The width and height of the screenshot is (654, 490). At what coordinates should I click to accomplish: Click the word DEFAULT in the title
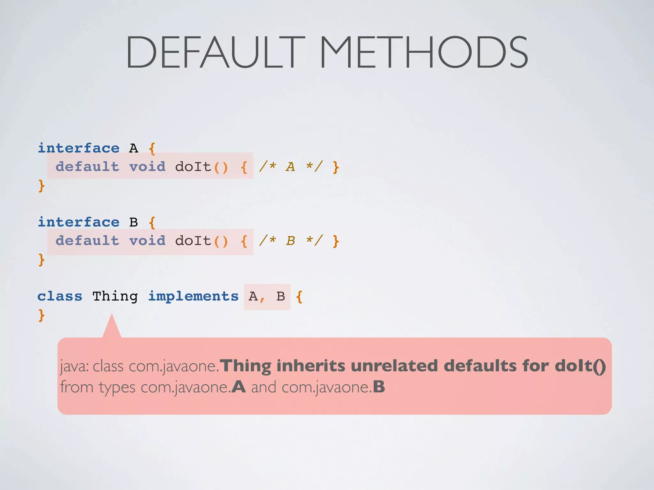215,52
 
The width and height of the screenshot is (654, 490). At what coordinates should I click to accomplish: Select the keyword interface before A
79,148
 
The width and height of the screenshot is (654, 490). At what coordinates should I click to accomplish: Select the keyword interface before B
79,222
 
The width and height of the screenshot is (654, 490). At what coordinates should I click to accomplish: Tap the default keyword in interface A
87,167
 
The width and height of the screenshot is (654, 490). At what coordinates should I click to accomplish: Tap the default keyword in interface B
87,241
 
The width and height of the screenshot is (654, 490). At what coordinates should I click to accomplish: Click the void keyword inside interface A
148,167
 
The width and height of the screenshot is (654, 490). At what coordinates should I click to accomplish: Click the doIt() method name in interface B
202,241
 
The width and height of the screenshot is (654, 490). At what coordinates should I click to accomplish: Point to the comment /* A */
291,167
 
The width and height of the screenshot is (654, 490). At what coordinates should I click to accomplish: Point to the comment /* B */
291,241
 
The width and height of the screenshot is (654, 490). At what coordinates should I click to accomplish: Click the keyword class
60,296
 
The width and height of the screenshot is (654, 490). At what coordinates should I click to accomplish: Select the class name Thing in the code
115,297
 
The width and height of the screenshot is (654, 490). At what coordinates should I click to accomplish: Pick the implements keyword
193,297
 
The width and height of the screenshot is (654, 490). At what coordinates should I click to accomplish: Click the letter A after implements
253,296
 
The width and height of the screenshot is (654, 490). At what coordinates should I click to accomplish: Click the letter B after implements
281,296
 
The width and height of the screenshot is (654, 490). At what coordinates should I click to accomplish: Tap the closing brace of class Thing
41,315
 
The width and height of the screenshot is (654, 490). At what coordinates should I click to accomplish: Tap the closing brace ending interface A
41,186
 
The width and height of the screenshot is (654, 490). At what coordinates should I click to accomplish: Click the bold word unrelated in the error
394,366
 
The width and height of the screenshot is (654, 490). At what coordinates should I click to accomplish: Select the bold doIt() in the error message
580,366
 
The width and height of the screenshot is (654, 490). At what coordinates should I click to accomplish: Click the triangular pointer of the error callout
112,327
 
